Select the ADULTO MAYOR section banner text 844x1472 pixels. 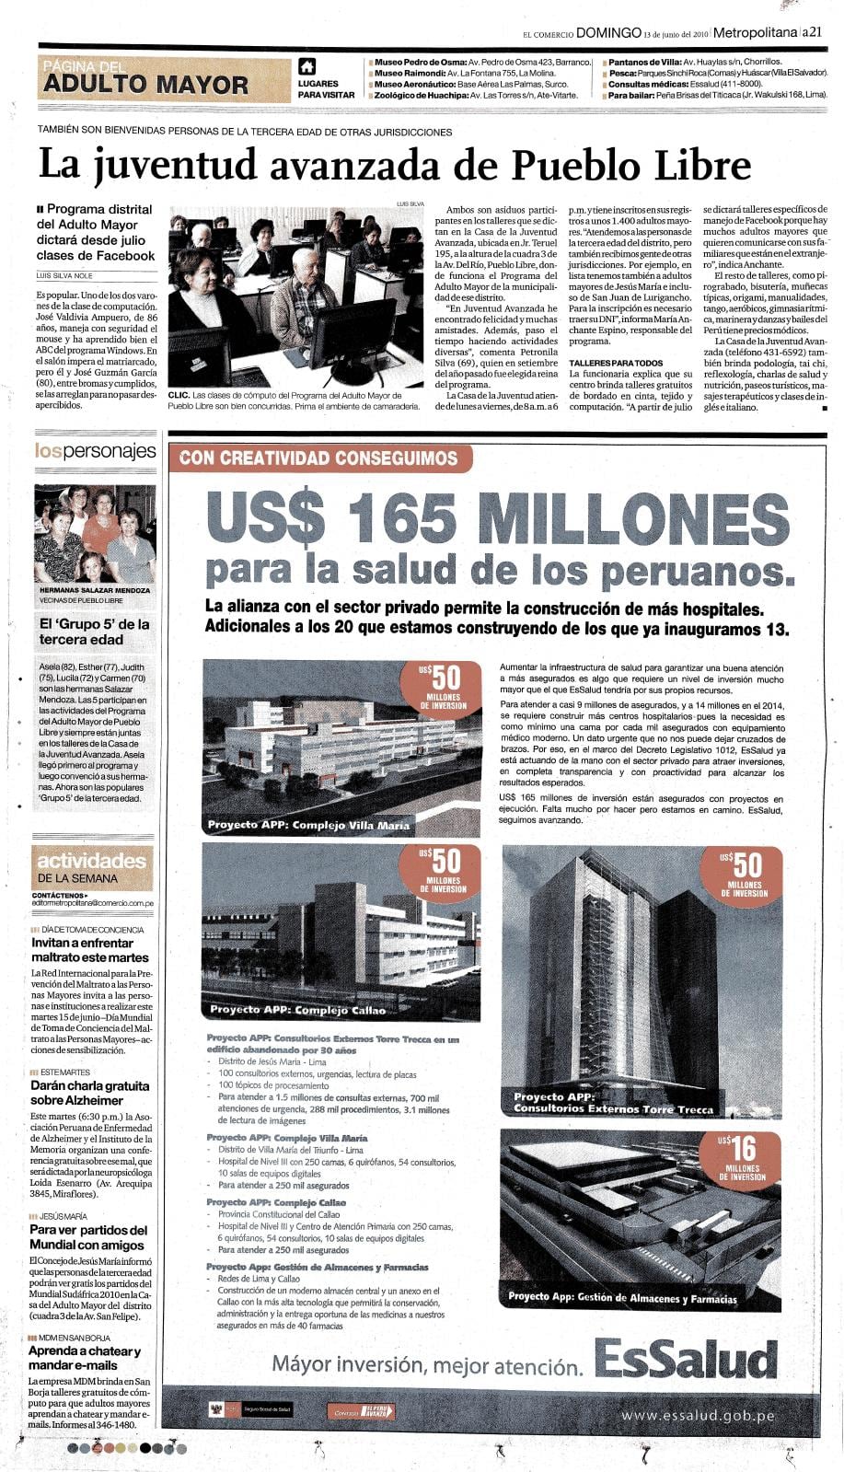click(x=145, y=85)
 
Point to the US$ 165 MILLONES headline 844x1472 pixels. click(x=498, y=518)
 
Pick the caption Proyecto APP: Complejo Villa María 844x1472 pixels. click(x=308, y=825)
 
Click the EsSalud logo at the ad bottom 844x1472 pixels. click(x=686, y=1359)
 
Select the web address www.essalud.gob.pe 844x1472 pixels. click(x=697, y=1416)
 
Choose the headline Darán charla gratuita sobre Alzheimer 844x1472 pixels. click(x=89, y=1093)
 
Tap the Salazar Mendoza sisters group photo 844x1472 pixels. click(x=95, y=534)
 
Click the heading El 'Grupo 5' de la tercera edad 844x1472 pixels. click(x=94, y=632)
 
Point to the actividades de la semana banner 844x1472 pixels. click(x=91, y=867)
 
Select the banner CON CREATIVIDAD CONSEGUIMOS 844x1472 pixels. click(x=318, y=458)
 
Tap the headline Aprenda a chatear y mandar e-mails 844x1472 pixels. click(x=85, y=1358)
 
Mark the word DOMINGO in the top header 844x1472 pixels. click(x=607, y=32)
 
